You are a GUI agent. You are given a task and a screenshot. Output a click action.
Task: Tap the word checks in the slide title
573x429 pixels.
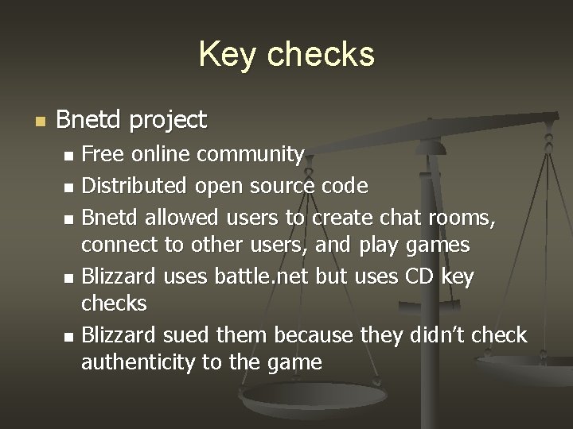tap(321, 55)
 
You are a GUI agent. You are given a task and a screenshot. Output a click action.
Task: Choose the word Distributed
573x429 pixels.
tap(134, 186)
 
